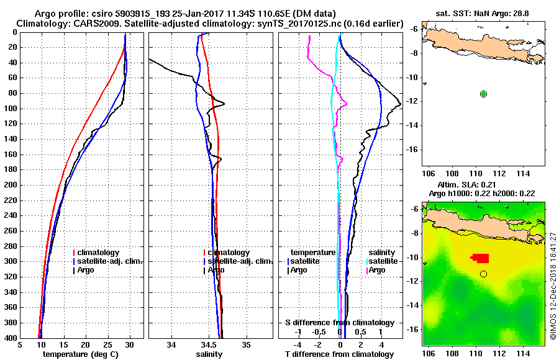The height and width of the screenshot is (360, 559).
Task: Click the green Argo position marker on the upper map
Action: pyautogui.click(x=483, y=94)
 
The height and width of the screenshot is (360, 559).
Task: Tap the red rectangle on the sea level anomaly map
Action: pyautogui.click(x=480, y=258)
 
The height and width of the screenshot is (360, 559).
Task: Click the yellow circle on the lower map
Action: pyautogui.click(x=483, y=274)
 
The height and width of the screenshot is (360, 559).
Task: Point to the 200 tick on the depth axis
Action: pyautogui.click(x=12, y=185)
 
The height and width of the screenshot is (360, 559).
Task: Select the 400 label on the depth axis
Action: pyautogui.click(x=12, y=338)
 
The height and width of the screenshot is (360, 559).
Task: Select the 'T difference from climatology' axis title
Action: pyautogui.click(x=339, y=354)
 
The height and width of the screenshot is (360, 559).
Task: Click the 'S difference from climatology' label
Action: pyautogui.click(x=339, y=323)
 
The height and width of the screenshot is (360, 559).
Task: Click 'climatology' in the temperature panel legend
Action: pyautogui.click(x=99, y=253)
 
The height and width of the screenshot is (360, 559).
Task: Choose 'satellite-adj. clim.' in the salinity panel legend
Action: pyautogui.click(x=238, y=261)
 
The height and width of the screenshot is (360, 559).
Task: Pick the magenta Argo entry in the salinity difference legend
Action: pyautogui.click(x=376, y=270)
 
